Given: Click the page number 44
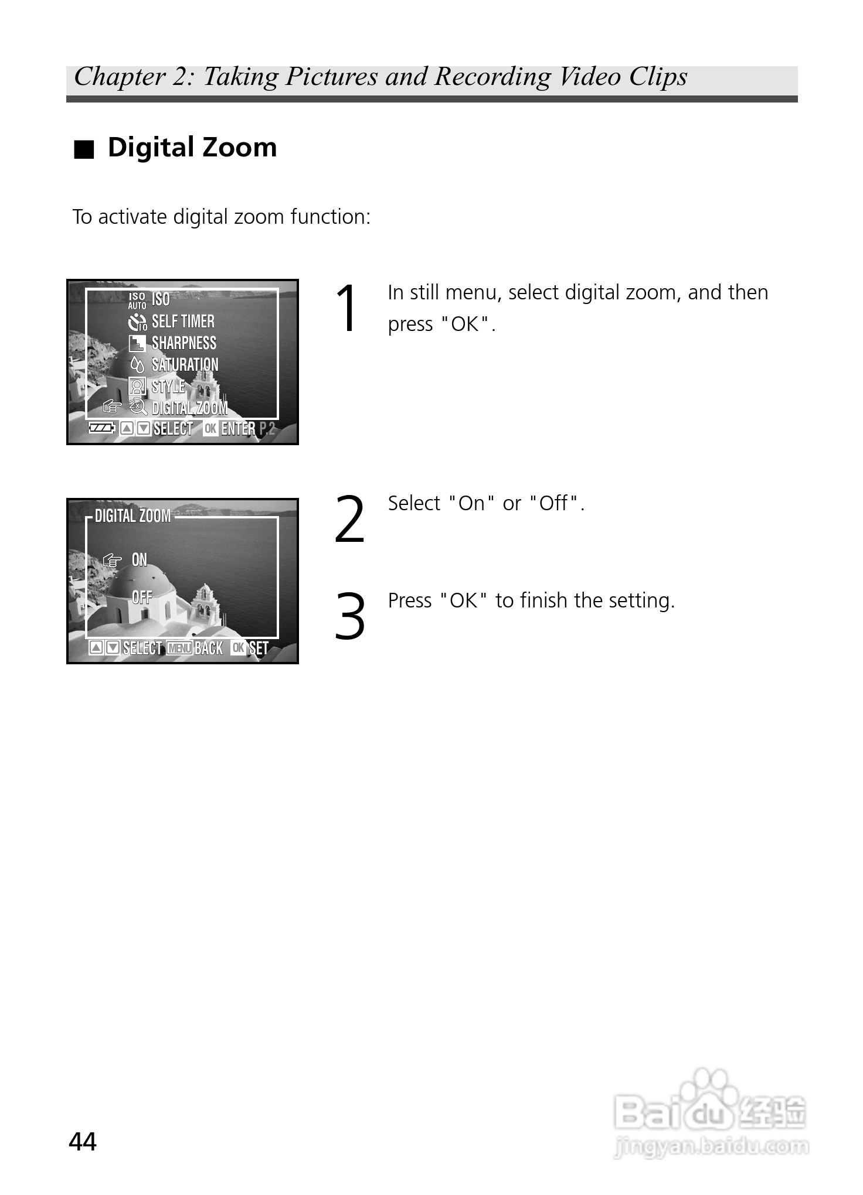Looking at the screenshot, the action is (x=83, y=1142).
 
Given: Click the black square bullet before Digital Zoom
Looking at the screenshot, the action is (x=84, y=150).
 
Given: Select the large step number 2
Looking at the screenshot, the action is (x=349, y=519).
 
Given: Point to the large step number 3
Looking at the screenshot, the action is (x=349, y=616).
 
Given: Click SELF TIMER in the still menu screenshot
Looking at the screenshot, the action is (x=183, y=321).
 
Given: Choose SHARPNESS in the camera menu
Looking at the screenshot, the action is (x=184, y=343).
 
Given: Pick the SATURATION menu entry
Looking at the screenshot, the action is (x=185, y=364).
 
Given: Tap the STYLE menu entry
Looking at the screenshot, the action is (x=168, y=386).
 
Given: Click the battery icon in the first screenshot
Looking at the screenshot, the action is (x=101, y=428).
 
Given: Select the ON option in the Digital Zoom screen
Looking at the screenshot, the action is (x=140, y=560).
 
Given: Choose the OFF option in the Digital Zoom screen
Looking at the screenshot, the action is (x=142, y=597).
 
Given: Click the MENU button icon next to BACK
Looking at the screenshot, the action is (x=179, y=648).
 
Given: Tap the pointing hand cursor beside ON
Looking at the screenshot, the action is (x=112, y=561).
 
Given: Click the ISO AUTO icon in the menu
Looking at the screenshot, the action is (x=137, y=301).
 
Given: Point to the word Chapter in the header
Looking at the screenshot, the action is (x=120, y=77).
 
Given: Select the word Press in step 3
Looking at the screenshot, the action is (x=410, y=600).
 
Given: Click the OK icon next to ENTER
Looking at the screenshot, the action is (x=210, y=428).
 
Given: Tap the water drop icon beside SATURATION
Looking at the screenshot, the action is (x=137, y=365).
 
